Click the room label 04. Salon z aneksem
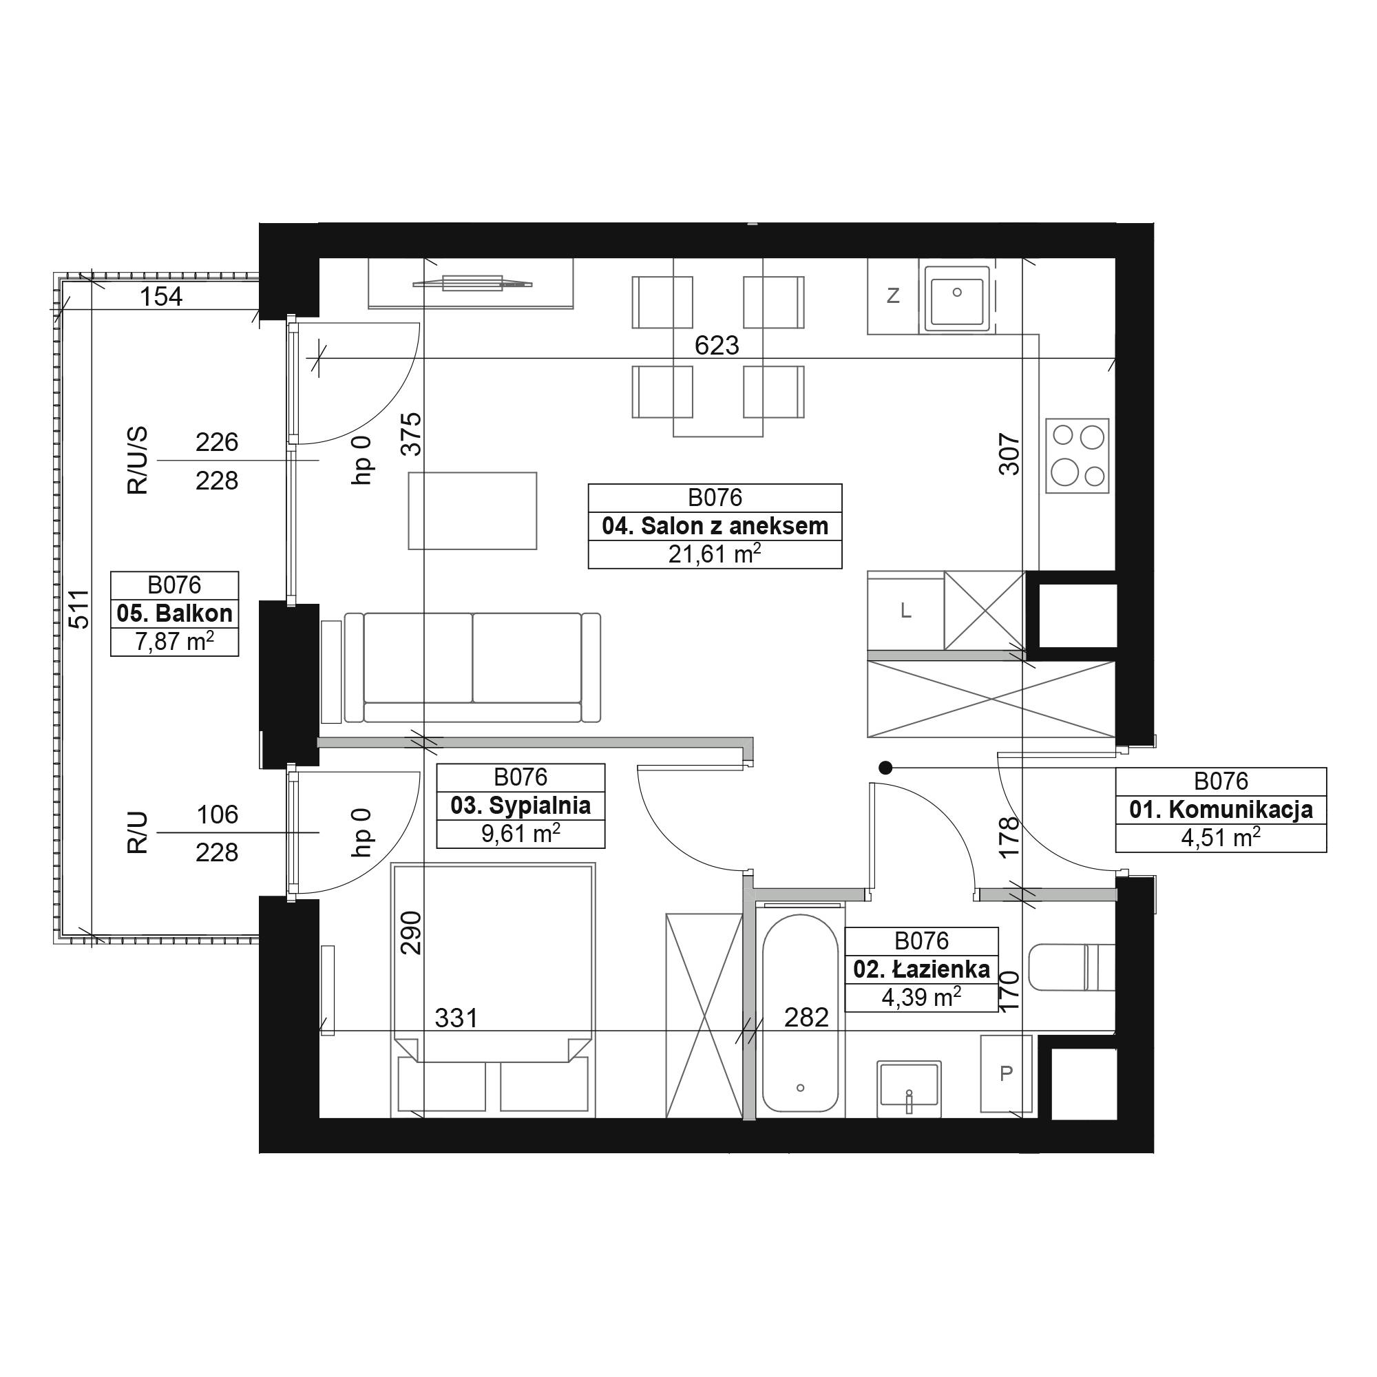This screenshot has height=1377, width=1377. [x=715, y=526]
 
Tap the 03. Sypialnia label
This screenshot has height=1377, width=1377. [x=521, y=806]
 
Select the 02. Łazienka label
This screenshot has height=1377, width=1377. [x=922, y=969]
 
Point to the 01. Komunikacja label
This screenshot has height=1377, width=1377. [x=1221, y=810]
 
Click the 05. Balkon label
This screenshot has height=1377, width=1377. [x=175, y=613]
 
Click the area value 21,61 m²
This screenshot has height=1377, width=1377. [x=715, y=553]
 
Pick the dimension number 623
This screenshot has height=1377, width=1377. [x=716, y=346]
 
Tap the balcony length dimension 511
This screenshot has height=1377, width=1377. [x=81, y=609]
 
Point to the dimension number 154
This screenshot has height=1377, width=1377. [x=161, y=296]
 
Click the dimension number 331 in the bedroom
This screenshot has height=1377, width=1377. [x=456, y=1018]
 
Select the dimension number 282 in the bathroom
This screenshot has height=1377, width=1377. [x=806, y=1017]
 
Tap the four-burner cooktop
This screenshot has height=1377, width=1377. [x=1078, y=455]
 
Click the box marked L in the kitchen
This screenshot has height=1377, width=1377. [x=906, y=611]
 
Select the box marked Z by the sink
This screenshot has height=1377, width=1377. [x=892, y=296]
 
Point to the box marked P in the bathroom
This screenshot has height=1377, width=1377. [x=1007, y=1073]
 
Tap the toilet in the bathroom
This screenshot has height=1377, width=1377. [x=1073, y=967]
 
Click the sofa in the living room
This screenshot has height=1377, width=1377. [x=472, y=667]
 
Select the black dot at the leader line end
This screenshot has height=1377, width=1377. [x=885, y=768]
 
